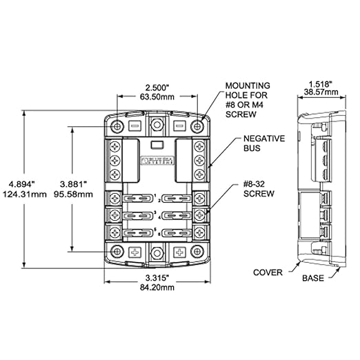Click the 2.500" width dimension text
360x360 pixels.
tap(157, 88)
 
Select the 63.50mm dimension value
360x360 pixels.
tap(157, 98)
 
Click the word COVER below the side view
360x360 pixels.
tap(268, 272)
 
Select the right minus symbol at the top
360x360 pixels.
tap(179, 127)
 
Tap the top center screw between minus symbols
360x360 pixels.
tap(157, 127)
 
